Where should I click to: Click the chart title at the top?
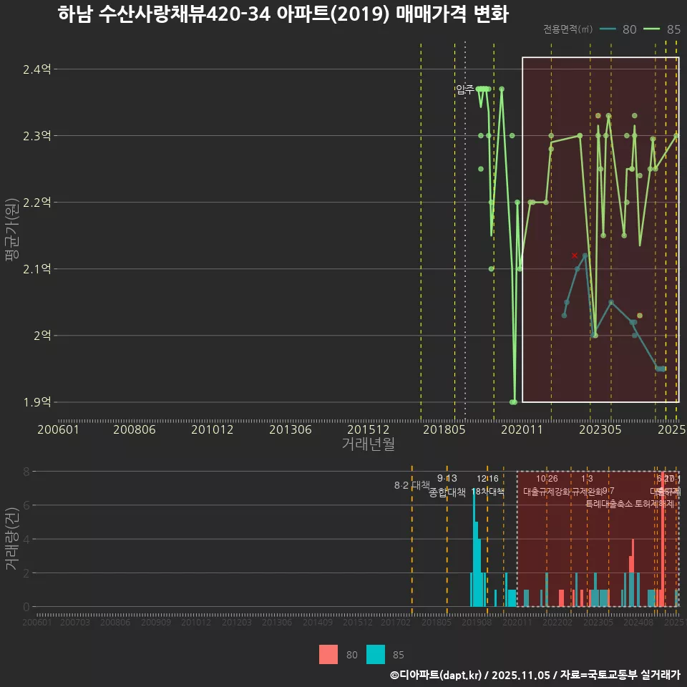(x=283, y=14)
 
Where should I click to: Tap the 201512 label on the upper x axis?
(x=369, y=430)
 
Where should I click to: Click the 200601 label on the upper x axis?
(x=58, y=430)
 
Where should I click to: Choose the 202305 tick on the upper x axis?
(x=600, y=430)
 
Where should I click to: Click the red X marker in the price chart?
(x=575, y=255)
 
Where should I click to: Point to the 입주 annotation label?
(x=464, y=89)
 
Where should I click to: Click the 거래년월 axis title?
(x=368, y=444)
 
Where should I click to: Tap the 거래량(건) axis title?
(x=11, y=539)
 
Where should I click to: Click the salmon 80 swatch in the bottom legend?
(x=328, y=654)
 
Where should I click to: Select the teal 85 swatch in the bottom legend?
(x=375, y=654)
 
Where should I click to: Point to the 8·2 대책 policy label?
(x=411, y=485)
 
